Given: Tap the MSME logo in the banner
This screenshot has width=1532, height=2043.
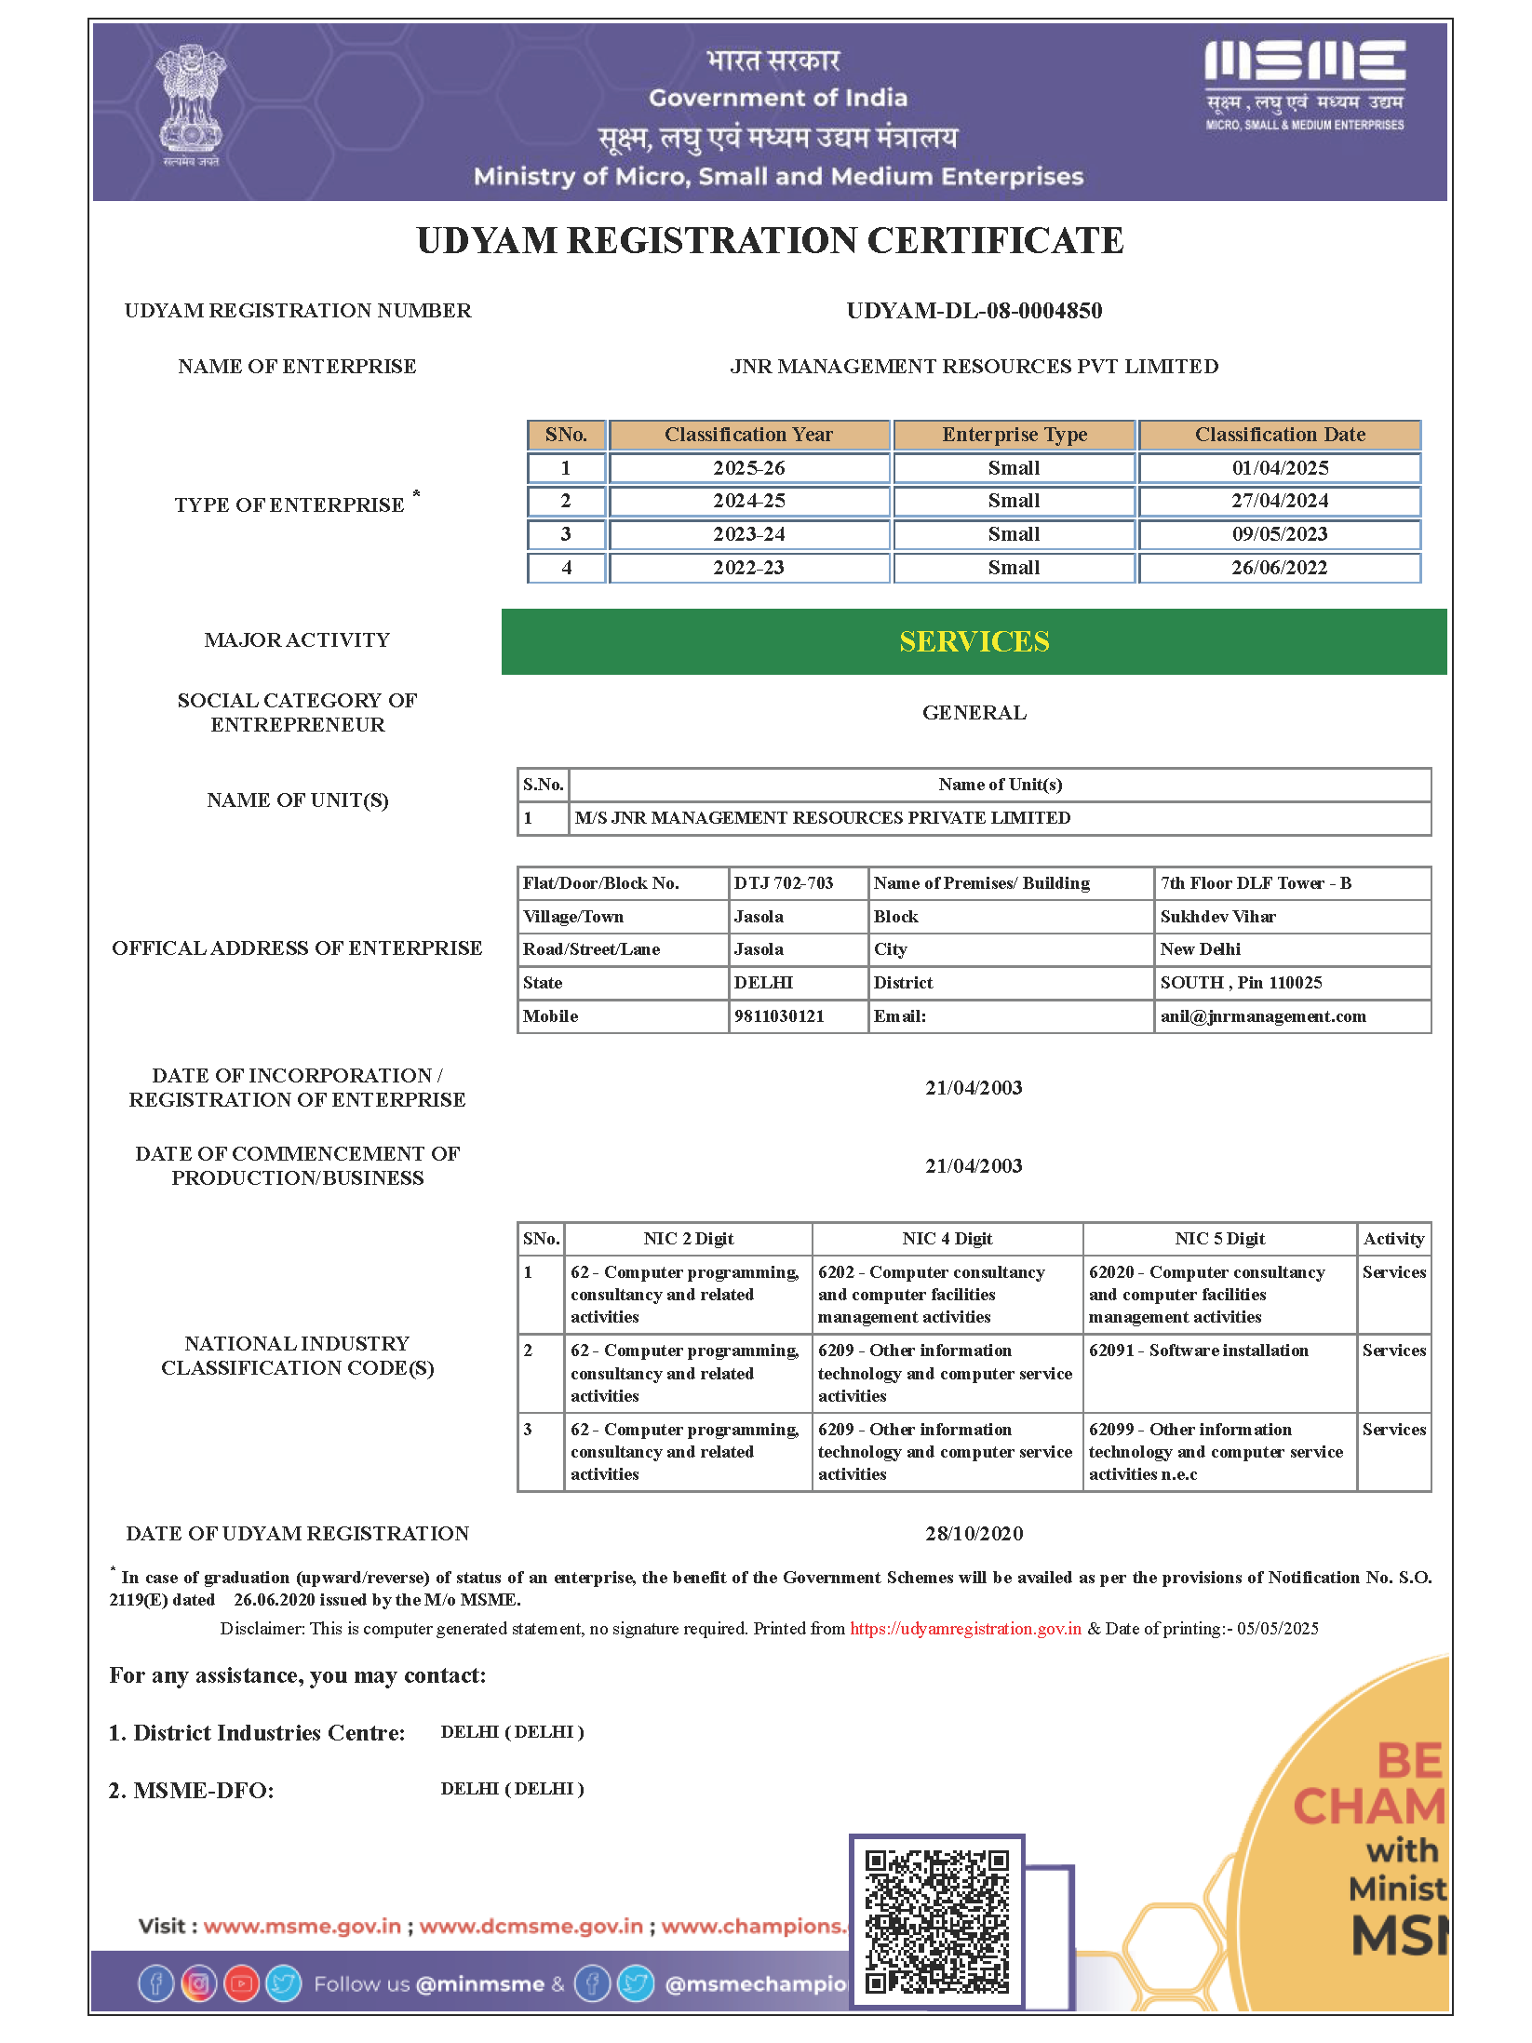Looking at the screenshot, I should coord(1304,84).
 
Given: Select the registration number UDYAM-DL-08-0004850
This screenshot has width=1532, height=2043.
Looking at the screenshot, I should coord(974,311).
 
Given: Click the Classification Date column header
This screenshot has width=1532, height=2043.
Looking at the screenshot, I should coord(1279,435).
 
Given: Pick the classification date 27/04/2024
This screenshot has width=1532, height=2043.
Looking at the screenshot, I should coord(1279,501).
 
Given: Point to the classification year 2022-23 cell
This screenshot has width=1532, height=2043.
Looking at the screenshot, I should coord(748,568).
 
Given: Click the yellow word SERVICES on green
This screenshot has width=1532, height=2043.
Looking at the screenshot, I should coord(974,641).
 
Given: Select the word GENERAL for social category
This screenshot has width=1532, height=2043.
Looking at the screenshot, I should coord(974,713).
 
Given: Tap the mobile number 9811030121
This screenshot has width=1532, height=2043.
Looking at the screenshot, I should coord(779,1016).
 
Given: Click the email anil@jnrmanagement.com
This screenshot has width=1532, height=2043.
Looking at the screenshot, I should coord(1262,1016).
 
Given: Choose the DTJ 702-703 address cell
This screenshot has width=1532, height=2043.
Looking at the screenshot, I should coord(784,883).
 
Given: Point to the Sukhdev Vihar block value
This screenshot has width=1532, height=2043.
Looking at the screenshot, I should coord(1217,917).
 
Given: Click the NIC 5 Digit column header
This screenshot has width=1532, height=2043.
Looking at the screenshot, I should coord(1219,1239).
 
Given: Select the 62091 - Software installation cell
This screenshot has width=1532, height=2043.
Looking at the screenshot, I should coord(1198,1351).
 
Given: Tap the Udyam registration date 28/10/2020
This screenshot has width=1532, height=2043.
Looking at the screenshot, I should coord(974,1534).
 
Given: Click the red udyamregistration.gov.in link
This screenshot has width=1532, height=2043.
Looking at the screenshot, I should coord(965,1629).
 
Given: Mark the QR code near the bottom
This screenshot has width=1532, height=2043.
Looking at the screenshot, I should coord(936,1922).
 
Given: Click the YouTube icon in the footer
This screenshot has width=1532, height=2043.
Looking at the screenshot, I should coord(241,1983).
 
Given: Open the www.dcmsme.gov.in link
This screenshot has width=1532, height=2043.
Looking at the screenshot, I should coord(531,1926).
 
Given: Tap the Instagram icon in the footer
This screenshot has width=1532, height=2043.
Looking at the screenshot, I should coord(198,1983).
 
